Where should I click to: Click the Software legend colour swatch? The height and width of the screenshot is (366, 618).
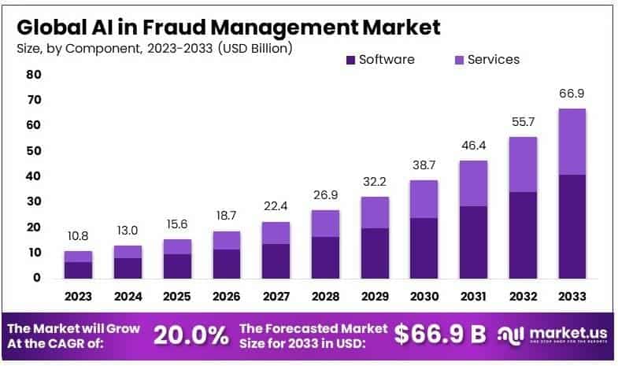[351, 60]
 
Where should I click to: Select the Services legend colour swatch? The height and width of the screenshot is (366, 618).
[460, 60]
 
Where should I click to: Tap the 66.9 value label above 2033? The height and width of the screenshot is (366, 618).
[572, 94]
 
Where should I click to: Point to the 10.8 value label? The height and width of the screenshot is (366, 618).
[79, 236]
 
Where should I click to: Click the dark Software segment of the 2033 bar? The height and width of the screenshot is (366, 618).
[572, 226]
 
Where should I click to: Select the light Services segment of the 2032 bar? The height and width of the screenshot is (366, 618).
[523, 165]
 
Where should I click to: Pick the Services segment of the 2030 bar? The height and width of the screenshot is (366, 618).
[424, 199]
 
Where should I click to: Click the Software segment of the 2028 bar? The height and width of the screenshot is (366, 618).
[325, 257]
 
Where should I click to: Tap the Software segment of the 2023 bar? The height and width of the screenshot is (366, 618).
[79, 269]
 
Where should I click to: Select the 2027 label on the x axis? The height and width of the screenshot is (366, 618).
[276, 297]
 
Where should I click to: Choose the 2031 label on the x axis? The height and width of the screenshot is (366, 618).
[473, 297]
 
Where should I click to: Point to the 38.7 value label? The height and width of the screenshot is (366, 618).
[424, 165]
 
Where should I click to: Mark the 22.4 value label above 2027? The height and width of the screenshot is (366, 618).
[276, 207]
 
